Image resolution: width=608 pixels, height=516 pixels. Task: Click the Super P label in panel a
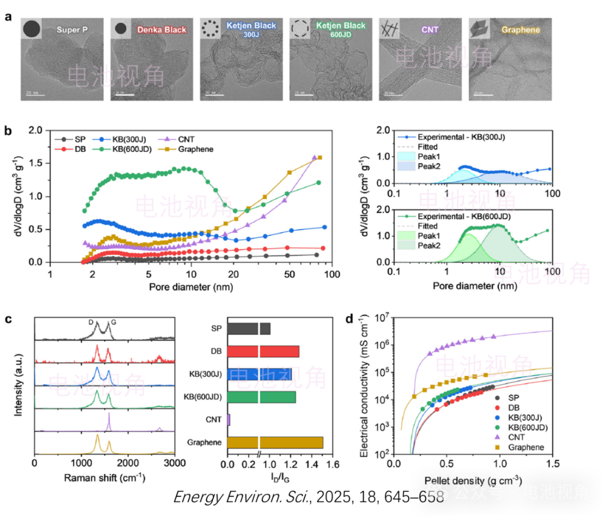[x=72, y=29]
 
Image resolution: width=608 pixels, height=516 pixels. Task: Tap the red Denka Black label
[x=162, y=29]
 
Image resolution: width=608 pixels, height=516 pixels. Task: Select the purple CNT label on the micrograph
[x=430, y=29]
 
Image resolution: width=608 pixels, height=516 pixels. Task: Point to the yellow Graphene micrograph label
[x=520, y=30]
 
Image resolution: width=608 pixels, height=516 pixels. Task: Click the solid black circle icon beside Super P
[x=32, y=29]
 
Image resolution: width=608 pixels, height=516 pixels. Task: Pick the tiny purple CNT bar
[x=229, y=420]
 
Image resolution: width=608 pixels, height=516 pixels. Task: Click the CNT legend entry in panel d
[x=521, y=437]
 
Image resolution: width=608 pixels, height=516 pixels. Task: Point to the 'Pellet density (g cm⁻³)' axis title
[x=473, y=481]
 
